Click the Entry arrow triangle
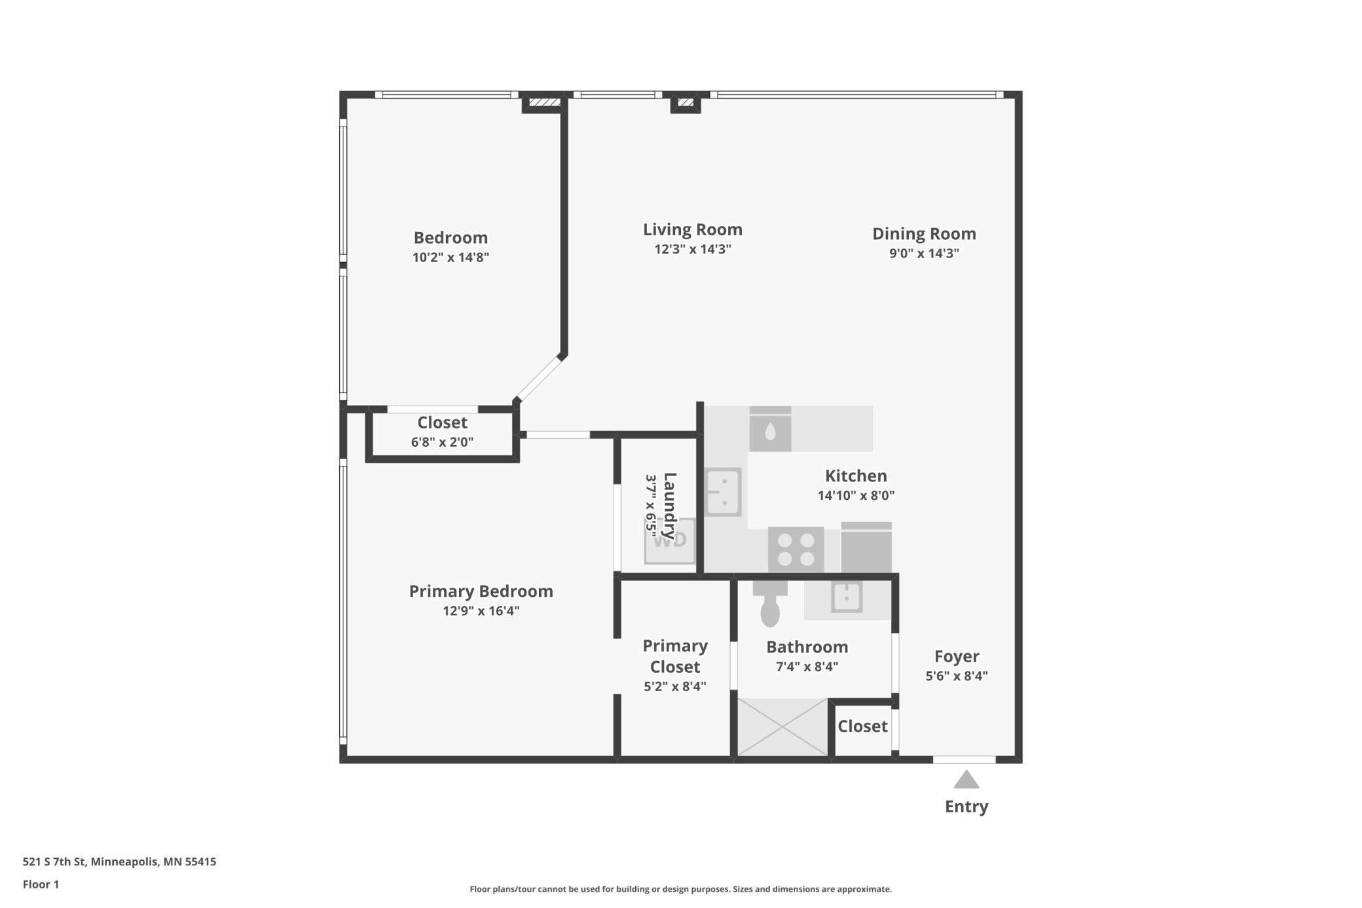(966, 780)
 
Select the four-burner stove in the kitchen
(796, 550)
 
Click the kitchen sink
(723, 492)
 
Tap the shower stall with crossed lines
(782, 727)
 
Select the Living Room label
(692, 229)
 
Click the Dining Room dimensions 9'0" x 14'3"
(923, 254)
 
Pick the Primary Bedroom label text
(481, 591)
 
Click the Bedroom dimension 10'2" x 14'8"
(451, 257)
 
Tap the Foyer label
(956, 656)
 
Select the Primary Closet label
(674, 656)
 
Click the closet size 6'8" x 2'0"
(442, 442)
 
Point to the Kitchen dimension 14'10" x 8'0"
(855, 496)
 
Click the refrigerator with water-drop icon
(770, 430)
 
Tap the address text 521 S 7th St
(119, 861)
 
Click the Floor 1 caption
(41, 884)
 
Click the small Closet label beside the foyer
(862, 726)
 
